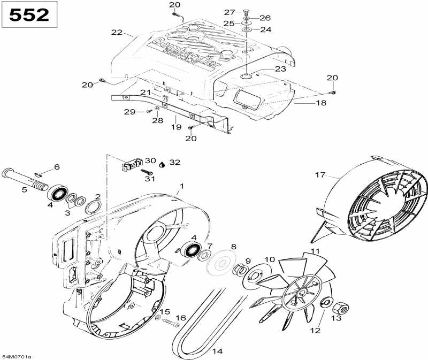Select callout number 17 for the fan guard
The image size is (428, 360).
(320, 175)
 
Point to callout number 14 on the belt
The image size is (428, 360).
(217, 351)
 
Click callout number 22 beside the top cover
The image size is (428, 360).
(117, 33)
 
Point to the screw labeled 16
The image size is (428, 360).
(170, 324)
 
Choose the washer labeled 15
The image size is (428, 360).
(157, 319)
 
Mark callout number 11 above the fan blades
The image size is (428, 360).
(315, 251)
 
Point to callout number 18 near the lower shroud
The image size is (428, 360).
(320, 103)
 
